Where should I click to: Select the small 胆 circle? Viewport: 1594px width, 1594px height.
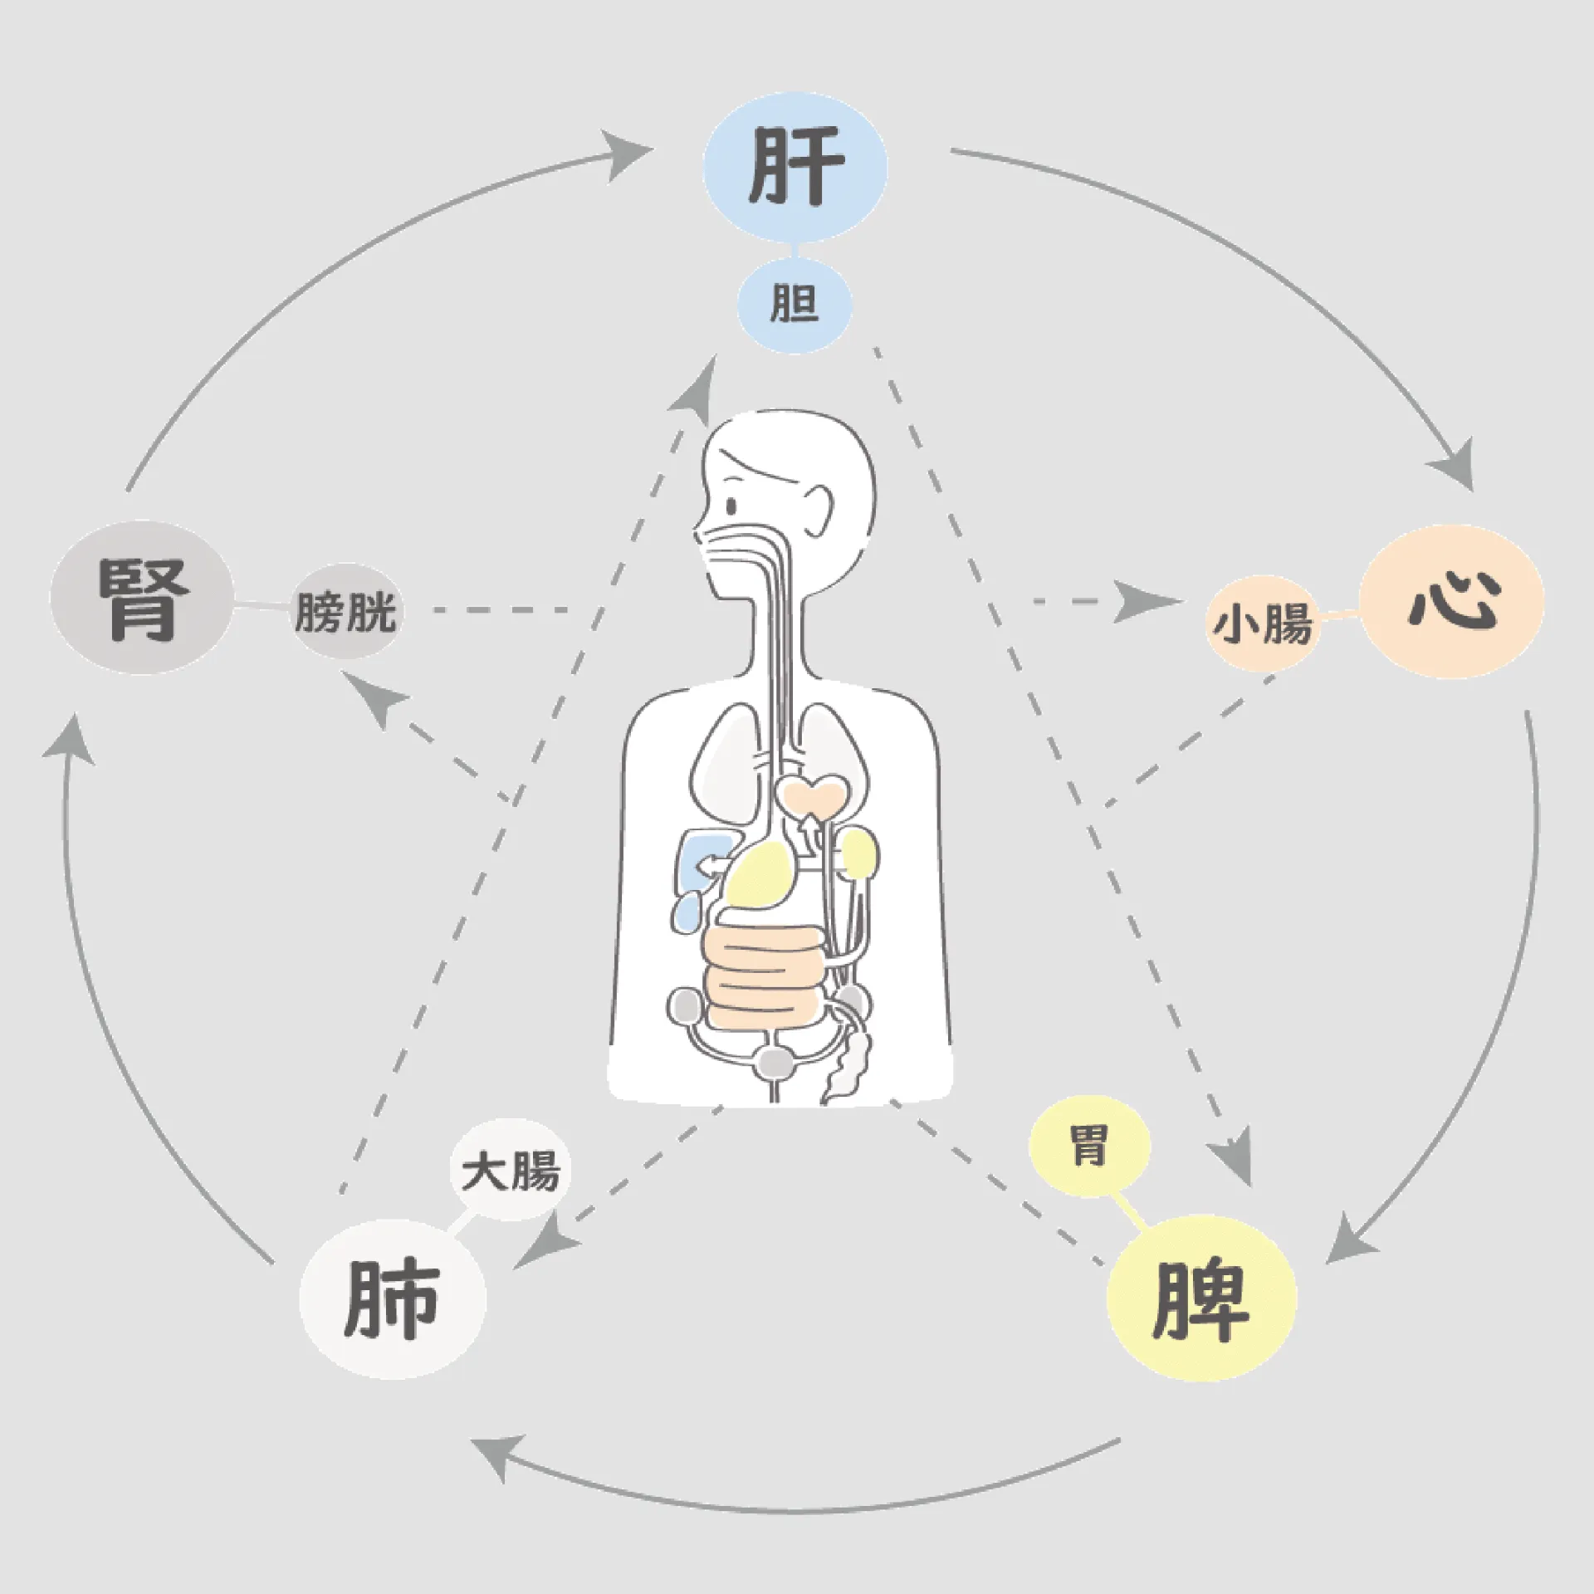pos(795,305)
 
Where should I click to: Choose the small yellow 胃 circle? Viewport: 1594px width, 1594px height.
pos(1089,1148)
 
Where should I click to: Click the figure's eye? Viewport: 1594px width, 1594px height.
pos(731,506)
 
